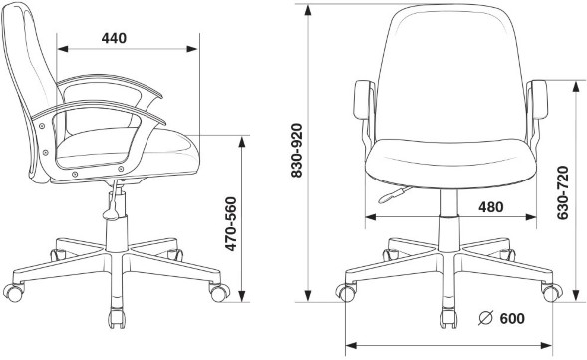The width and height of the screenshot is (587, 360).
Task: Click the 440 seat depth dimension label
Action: point(114,38)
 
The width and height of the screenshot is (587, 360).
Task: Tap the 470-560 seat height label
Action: point(231,224)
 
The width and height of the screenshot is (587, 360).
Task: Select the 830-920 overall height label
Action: point(297,150)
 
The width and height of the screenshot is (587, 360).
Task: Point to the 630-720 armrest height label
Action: point(563,192)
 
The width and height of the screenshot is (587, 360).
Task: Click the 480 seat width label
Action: point(491,207)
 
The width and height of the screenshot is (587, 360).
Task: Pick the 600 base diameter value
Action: point(512,318)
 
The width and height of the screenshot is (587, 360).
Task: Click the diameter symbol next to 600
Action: point(486,318)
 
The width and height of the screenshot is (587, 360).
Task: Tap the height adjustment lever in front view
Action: point(394,194)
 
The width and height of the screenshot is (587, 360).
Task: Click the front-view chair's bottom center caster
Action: point(448,319)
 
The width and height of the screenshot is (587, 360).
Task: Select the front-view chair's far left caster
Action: point(346,292)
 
